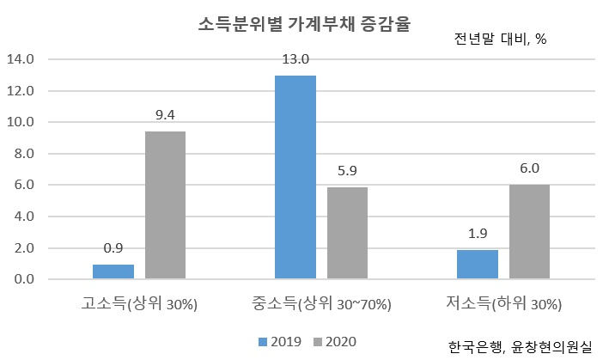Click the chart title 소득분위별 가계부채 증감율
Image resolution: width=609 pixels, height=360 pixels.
tap(304, 24)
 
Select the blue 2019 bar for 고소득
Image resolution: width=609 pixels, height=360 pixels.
tap(113, 272)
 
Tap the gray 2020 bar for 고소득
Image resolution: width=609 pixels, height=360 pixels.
tap(166, 205)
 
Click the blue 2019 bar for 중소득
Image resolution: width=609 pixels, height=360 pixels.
tap(295, 177)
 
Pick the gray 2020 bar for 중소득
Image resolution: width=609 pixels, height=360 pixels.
tap(348, 233)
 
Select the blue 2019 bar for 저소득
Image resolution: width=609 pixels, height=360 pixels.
tap(478, 265)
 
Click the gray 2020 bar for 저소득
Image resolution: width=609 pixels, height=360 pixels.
tap(530, 232)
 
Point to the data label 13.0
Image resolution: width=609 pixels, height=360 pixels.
tap(295, 59)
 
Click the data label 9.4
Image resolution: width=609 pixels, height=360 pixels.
tap(165, 115)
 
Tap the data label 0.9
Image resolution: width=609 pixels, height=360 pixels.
tap(113, 248)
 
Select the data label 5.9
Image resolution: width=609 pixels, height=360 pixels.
tap(347, 171)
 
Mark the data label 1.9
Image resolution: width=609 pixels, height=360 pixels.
tap(478, 234)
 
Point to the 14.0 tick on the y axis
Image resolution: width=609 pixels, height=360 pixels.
tap(21, 59)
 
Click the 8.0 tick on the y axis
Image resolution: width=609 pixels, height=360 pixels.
tap(24, 154)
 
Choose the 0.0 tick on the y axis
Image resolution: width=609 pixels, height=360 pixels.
tap(24, 279)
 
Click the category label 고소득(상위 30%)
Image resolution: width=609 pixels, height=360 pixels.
tap(139, 303)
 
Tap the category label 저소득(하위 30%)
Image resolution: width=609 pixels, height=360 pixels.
tap(503, 303)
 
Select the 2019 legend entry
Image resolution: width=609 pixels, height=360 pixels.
tap(280, 342)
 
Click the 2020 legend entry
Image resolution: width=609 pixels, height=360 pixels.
tap(335, 342)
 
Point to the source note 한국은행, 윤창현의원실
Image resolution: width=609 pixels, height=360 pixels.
tap(520, 347)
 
